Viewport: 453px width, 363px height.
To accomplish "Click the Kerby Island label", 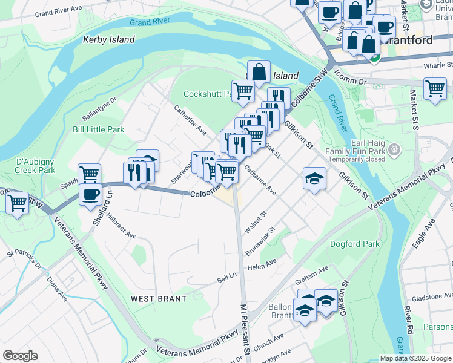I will (x=108, y=39).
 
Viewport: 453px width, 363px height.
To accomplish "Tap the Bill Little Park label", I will (x=98, y=129).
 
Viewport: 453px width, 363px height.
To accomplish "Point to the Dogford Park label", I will (x=354, y=244).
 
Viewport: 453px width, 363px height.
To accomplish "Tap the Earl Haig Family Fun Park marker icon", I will (x=394, y=148).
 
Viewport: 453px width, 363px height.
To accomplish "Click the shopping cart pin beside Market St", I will (x=435, y=88).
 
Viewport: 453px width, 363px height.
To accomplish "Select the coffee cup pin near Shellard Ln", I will (x=90, y=195).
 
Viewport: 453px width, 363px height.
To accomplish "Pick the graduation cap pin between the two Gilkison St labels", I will (x=314, y=178).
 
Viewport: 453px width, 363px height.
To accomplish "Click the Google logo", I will (x=20, y=356).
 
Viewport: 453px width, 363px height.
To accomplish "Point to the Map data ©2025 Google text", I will (x=415, y=358).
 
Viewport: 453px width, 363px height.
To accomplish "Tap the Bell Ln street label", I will (x=227, y=278).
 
